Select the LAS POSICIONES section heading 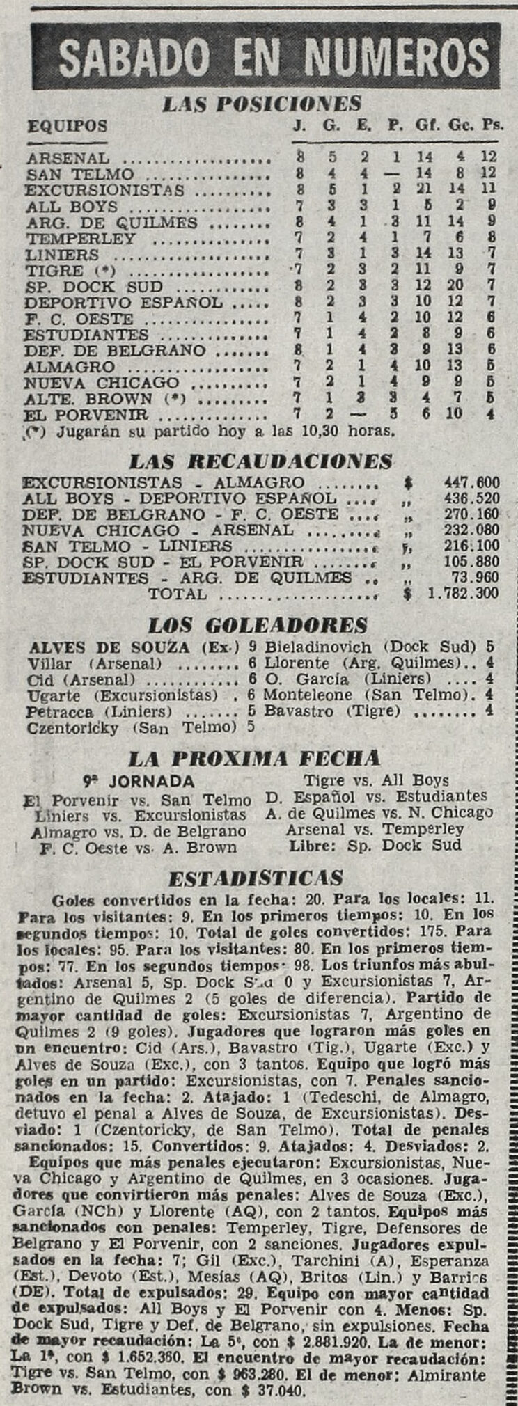coord(261,104)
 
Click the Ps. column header coord(493,126)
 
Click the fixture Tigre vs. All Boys coord(377,780)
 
